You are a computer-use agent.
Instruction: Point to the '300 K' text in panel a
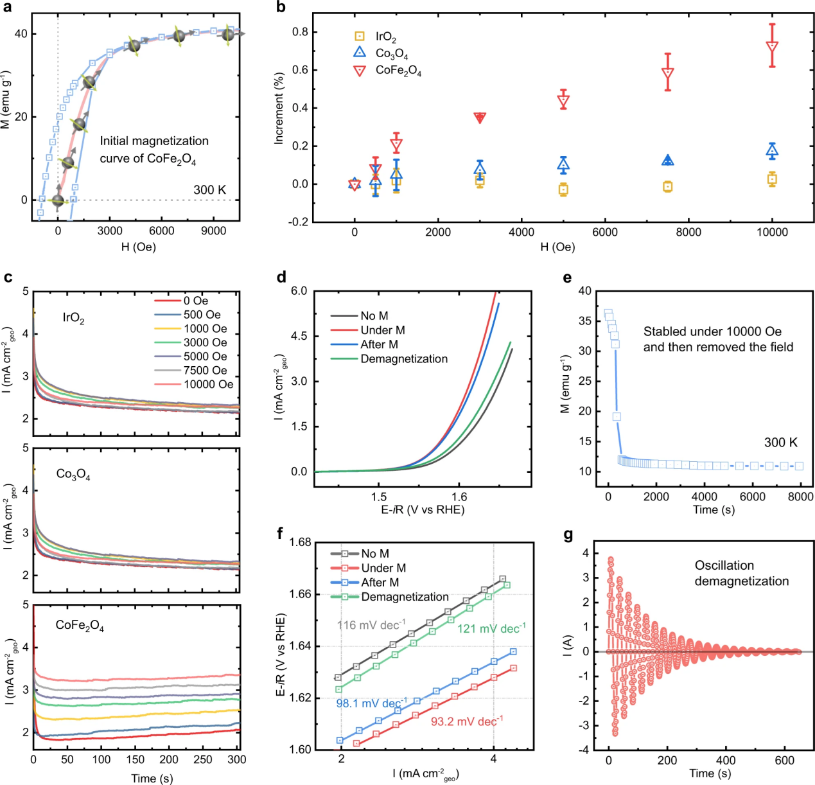210,190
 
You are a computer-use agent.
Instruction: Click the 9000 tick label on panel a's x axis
213,231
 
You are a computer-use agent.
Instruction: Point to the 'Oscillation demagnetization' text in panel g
741,573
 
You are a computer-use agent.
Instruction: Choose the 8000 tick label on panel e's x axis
800,497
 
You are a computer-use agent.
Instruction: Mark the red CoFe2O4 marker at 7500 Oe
668,73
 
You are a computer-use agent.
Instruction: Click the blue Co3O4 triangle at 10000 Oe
772,152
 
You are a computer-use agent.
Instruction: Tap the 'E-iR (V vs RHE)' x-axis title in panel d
423,510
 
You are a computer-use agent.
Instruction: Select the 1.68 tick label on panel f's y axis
300,543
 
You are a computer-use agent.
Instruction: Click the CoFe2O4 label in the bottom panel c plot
80,626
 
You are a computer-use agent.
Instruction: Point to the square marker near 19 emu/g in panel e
617,416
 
